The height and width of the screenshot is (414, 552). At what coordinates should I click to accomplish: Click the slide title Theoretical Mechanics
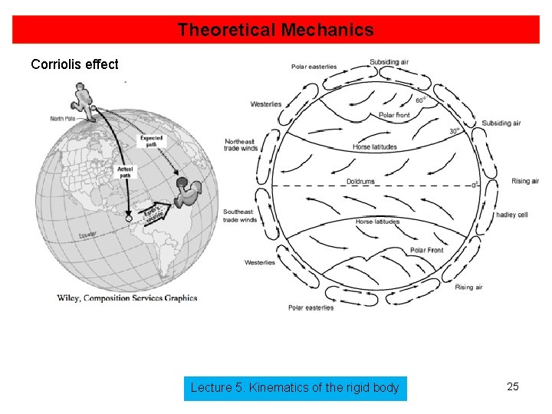click(275, 31)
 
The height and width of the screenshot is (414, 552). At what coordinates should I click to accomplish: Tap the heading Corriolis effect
click(74, 64)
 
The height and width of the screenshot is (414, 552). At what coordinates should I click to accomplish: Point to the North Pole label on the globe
click(67, 118)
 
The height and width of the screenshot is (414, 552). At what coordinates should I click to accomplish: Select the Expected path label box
click(151, 140)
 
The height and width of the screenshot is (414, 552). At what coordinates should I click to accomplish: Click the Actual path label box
click(125, 172)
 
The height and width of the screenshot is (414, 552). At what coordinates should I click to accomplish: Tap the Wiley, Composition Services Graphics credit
click(127, 298)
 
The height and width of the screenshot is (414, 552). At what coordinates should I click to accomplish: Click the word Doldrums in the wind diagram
click(360, 181)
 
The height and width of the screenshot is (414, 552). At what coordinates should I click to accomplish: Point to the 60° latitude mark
click(421, 100)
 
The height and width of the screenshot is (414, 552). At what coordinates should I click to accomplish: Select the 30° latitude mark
click(455, 131)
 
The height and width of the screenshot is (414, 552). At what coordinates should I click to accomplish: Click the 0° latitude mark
click(474, 185)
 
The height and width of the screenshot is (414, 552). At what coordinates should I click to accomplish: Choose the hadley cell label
click(511, 215)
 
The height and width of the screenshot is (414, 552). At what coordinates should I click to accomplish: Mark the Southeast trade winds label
click(241, 215)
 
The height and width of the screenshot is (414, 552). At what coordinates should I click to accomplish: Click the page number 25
click(513, 386)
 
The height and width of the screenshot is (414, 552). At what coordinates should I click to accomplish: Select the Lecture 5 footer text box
click(294, 388)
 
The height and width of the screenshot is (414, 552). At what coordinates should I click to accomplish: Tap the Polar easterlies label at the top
click(314, 67)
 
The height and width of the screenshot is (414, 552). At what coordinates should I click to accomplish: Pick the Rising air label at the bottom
click(468, 287)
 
